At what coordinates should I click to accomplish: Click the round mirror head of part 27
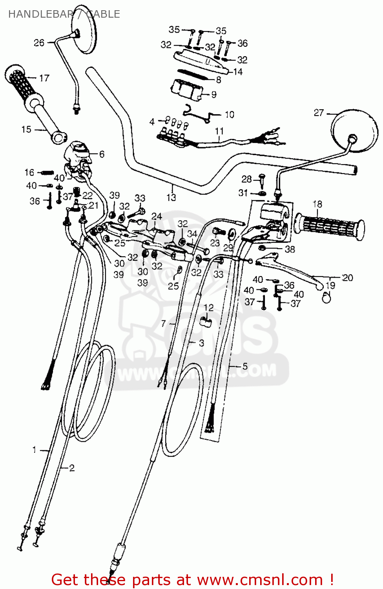354,130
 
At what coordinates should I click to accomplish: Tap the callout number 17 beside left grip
44,78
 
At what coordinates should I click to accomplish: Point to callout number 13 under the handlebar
171,197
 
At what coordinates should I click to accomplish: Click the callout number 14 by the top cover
238,72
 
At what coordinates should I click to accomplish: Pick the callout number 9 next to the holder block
214,95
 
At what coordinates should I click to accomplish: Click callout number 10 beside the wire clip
230,115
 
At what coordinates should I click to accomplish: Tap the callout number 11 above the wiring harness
219,131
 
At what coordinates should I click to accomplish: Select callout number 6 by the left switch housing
102,154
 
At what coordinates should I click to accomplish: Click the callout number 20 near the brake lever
348,278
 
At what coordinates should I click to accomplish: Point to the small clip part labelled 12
206,322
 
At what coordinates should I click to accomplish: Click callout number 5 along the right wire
245,366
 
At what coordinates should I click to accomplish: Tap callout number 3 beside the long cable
201,343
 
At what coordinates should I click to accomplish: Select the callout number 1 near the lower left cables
35,450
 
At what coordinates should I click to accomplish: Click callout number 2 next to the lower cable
72,468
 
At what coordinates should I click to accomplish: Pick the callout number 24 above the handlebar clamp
157,216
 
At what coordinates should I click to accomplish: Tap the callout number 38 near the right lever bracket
290,249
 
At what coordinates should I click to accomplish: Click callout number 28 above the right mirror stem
246,179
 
